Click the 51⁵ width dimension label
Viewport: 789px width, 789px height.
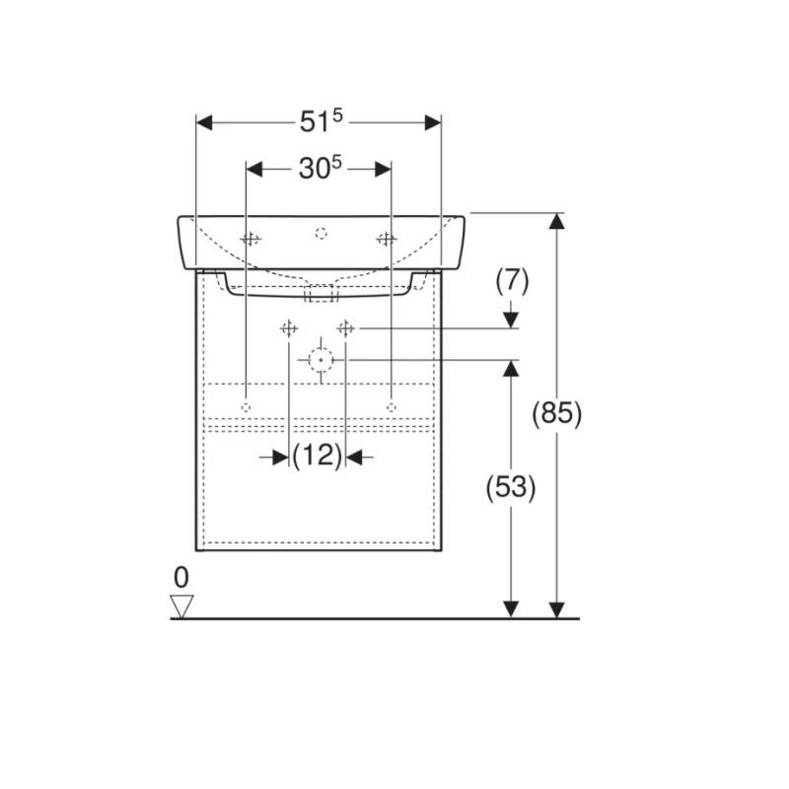click(x=322, y=121)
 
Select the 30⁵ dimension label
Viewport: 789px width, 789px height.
click(x=320, y=168)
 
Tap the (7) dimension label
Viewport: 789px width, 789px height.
click(x=512, y=281)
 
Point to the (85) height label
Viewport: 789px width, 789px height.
click(x=556, y=413)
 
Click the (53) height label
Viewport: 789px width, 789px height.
click(x=511, y=487)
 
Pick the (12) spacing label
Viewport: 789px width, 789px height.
click(x=318, y=456)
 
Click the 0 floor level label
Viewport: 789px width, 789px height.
click(x=181, y=577)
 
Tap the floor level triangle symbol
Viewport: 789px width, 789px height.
click(x=181, y=607)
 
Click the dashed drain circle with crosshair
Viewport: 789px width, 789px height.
click(x=322, y=360)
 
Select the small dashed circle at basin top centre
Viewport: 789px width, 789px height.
click(x=322, y=234)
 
